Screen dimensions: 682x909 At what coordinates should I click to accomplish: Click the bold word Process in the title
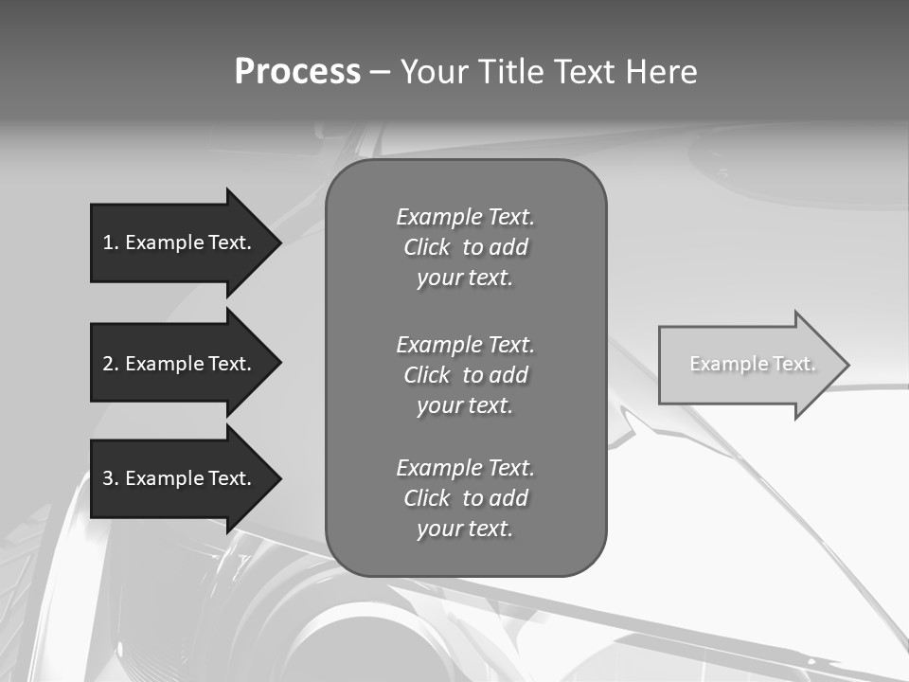297,72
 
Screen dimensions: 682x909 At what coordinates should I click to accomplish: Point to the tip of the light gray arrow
847,365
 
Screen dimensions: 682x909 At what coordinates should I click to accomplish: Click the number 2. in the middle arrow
111,364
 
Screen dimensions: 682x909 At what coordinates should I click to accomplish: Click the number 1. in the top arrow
111,242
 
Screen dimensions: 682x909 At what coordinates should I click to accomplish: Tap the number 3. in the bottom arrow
111,478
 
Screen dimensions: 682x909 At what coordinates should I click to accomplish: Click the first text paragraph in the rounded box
466,247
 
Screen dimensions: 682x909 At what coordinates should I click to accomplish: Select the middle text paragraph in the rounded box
466,375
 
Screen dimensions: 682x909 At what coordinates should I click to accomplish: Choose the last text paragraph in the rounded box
466,498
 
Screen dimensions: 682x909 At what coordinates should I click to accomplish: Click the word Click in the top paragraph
427,247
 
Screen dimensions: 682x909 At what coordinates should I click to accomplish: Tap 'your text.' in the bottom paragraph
465,529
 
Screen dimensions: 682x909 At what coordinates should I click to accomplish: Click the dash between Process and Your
380,73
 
